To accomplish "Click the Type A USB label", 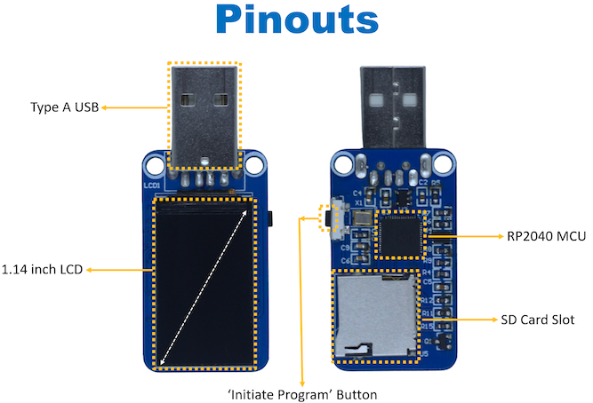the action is (x=63, y=107).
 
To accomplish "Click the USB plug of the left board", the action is (x=204, y=114).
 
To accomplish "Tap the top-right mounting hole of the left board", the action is (x=256, y=164).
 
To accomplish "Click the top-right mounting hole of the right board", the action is (x=447, y=164).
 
